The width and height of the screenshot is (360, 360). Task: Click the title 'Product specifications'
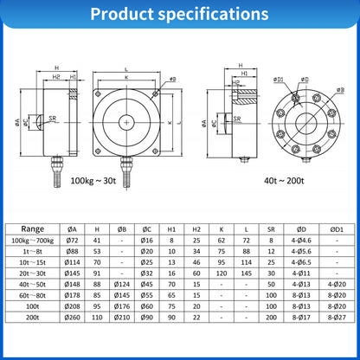point(179,15)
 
